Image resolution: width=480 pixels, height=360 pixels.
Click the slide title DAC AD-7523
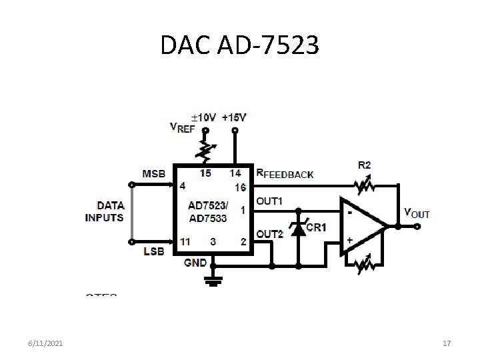pyautogui.click(x=240, y=45)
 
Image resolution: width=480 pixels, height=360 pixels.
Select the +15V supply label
pyautogui.click(x=234, y=117)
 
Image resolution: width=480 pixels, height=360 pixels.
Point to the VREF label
pyautogui.click(x=183, y=129)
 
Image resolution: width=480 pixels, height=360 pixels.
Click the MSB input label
pyautogui.click(x=153, y=173)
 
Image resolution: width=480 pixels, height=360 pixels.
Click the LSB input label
pyautogui.click(x=153, y=251)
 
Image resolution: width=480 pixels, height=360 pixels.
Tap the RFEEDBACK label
pyautogui.click(x=285, y=174)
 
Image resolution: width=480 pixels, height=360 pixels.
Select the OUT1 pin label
pyautogui.click(x=269, y=201)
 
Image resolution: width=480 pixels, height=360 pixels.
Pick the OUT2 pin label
pyautogui.click(x=270, y=233)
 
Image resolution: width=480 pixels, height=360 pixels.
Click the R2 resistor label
pyautogui.click(x=365, y=164)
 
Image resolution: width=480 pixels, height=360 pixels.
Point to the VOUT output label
pyautogui.click(x=417, y=213)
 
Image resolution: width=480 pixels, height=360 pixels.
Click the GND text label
pyautogui.click(x=195, y=263)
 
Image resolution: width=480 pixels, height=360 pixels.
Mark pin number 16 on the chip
pyautogui.click(x=241, y=187)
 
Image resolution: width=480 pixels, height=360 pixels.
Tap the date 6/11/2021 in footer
pyautogui.click(x=47, y=343)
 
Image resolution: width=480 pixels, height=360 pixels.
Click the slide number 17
pyautogui.click(x=447, y=343)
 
